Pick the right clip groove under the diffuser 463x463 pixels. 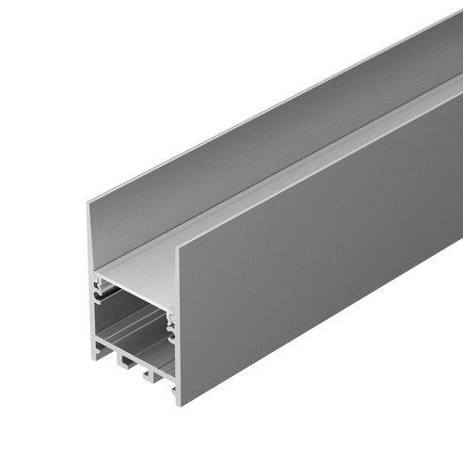[x=171, y=326]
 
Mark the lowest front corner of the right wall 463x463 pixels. [x=178, y=403]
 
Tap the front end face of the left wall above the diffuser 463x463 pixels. [x=93, y=235]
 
